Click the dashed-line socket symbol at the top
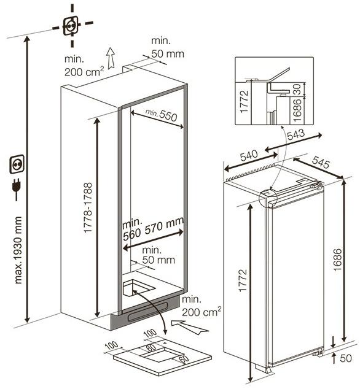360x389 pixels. (71, 25)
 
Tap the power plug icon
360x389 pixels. (17, 190)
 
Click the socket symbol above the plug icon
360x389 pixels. (17, 164)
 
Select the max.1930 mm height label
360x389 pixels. (18, 250)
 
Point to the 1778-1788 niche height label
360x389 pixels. (88, 207)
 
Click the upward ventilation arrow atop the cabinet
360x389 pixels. (111, 58)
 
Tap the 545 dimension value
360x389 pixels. (321, 162)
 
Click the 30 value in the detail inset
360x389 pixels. (297, 90)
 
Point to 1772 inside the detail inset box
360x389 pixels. (245, 101)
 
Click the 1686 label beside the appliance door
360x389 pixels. (338, 260)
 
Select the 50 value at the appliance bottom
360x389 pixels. (346, 358)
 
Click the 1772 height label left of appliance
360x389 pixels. (243, 280)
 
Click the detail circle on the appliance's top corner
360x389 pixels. (268, 199)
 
